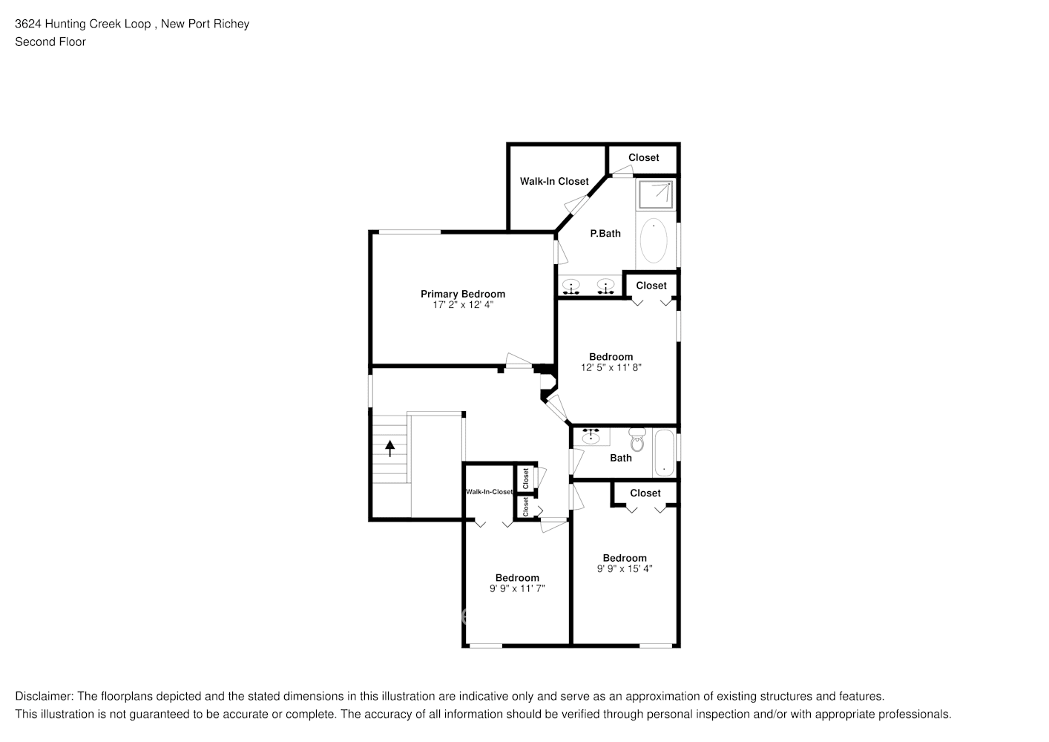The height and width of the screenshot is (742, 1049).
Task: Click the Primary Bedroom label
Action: [462, 294]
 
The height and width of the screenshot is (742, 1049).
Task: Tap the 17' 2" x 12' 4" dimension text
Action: [462, 305]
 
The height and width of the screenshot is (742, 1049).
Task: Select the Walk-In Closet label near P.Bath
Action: [554, 181]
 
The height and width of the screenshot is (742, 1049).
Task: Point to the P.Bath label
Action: [605, 233]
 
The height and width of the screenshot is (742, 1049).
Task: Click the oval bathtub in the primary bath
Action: [654, 240]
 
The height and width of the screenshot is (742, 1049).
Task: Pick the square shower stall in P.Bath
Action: [655, 194]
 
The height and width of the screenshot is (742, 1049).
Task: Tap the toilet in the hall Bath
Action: [637, 441]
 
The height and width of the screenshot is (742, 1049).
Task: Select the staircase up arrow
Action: [389, 447]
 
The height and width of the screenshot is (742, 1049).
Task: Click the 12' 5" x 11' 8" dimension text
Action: [611, 367]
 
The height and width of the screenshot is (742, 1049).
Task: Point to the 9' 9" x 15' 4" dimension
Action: [625, 569]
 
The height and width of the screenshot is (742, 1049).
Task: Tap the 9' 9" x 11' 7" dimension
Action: [517, 588]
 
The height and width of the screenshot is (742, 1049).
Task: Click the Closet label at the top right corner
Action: [643, 157]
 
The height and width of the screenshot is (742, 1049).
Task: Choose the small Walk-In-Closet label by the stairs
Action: [489, 492]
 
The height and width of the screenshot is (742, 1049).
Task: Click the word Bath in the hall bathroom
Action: [621, 458]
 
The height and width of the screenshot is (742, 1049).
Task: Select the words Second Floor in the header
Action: [50, 42]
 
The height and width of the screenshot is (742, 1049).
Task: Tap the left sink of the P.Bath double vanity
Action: [571, 284]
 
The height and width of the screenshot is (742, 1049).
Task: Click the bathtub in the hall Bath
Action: [664, 453]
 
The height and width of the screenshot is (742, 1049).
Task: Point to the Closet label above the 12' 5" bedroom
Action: [651, 285]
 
